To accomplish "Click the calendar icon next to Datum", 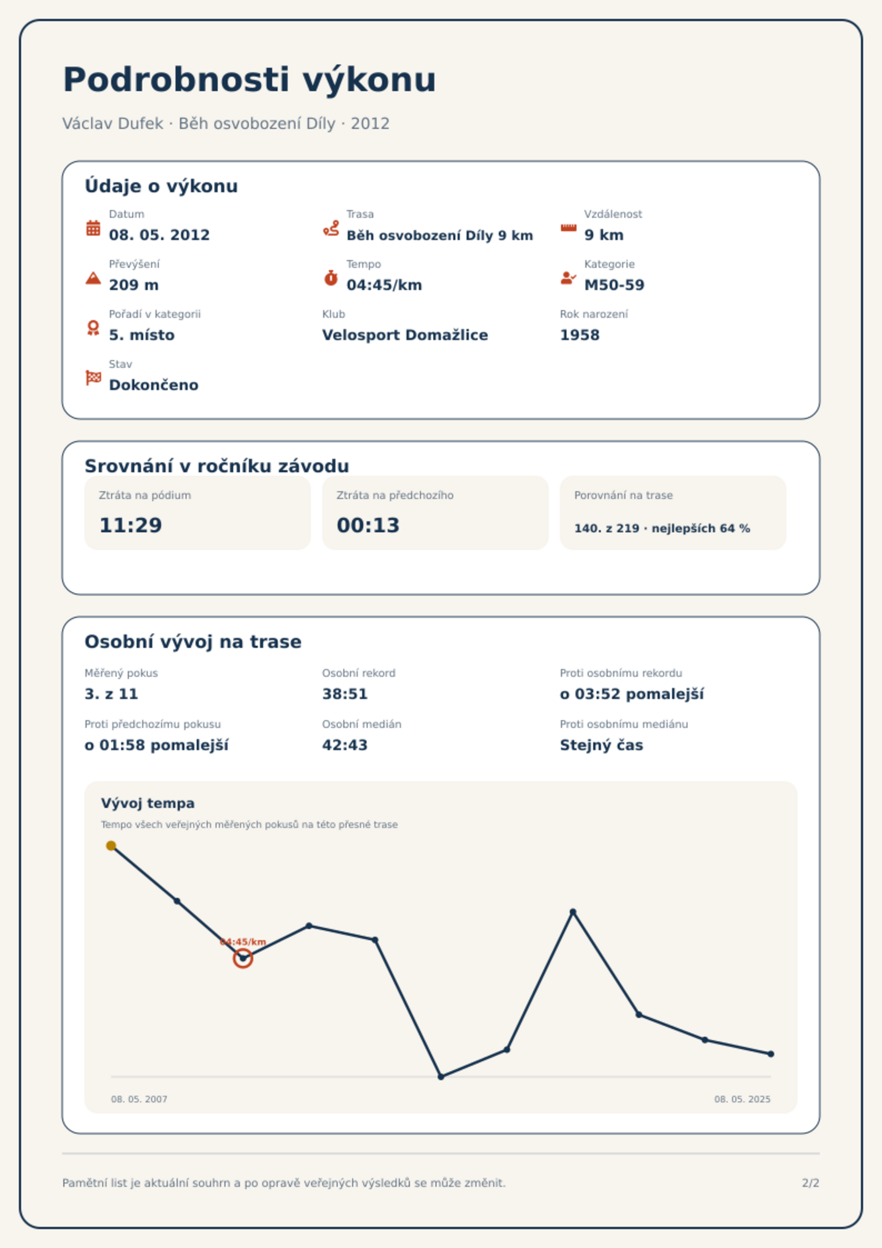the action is click(x=93, y=228).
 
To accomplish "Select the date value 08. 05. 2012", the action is click(x=159, y=235).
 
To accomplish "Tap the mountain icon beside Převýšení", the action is click(x=93, y=278).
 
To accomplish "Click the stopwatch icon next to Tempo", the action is click(x=331, y=278).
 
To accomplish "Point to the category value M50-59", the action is click(x=614, y=285).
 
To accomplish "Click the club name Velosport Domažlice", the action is click(x=405, y=335).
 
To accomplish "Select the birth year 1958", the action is click(x=580, y=335).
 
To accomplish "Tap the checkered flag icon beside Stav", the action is click(x=93, y=378).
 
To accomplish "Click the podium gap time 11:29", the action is click(x=131, y=525).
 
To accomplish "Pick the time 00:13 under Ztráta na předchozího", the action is click(x=368, y=525).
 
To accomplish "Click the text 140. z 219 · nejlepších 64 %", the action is click(x=662, y=528).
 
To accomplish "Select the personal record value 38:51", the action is click(x=345, y=694).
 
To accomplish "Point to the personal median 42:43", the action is click(x=345, y=745).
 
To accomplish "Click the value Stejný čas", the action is click(x=602, y=745).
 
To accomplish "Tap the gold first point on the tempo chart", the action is click(x=111, y=846).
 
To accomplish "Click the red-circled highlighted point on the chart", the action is click(x=243, y=959).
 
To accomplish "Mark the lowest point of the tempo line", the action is click(x=441, y=1077).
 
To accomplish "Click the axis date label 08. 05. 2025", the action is click(x=742, y=1099).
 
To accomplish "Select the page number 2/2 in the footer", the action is click(x=810, y=1183).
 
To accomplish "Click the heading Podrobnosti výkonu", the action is click(x=249, y=80).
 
